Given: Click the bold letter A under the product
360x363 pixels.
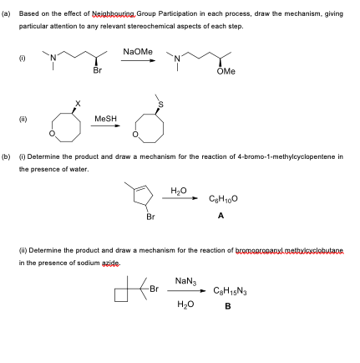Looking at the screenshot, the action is [x=221, y=215].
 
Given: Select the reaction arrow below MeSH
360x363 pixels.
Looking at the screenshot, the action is [x=104, y=129].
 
